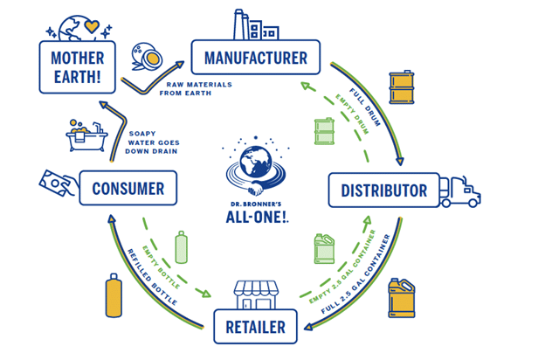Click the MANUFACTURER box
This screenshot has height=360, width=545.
[255, 59]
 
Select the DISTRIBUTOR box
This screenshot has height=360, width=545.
[383, 190]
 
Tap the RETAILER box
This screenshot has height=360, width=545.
[255, 327]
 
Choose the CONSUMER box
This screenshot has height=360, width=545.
[128, 188]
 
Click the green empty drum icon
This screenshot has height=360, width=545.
[324, 132]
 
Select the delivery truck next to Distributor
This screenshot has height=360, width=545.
[460, 190]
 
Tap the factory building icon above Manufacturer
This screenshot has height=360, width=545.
[253, 24]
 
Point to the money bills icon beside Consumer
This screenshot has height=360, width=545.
[57, 183]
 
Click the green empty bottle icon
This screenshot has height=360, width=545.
[182, 247]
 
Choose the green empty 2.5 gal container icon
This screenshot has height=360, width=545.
[325, 249]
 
